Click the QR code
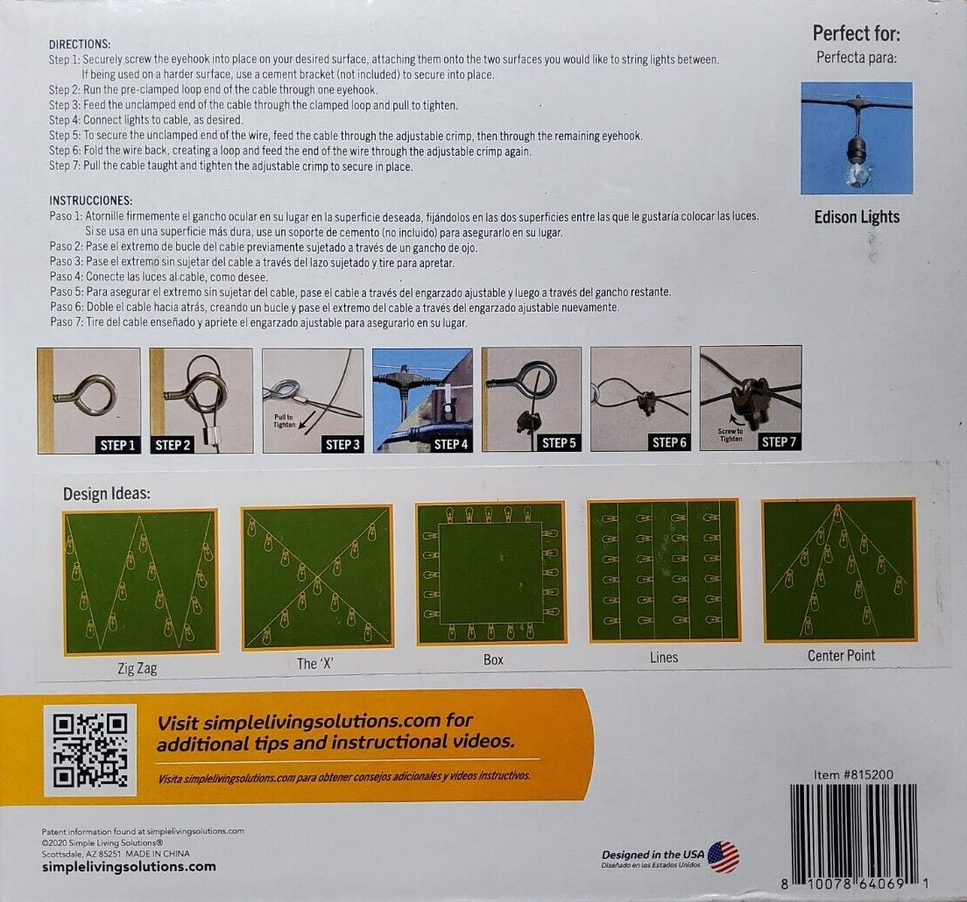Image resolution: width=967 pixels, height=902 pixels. [90, 750]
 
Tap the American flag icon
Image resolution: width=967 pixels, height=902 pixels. [723, 856]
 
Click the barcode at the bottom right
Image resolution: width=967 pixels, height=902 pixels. [853, 833]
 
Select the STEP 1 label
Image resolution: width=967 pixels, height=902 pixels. [117, 444]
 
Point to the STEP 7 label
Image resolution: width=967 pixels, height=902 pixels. [779, 442]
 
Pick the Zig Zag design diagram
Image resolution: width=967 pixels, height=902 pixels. [141, 581]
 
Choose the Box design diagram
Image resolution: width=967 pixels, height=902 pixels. [491, 573]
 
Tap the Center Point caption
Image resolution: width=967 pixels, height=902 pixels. [841, 655]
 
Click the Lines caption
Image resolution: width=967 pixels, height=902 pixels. [664, 657]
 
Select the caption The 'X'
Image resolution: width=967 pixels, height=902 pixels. [317, 664]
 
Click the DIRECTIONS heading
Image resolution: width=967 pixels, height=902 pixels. [80, 44]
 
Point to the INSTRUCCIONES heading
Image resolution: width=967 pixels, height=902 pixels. [91, 201]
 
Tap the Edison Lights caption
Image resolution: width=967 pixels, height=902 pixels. [857, 217]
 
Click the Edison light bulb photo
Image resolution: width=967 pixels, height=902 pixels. [857, 138]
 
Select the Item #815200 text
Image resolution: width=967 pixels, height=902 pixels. [854, 774]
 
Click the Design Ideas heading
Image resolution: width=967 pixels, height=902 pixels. [107, 494]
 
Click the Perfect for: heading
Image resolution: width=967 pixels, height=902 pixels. [856, 33]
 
